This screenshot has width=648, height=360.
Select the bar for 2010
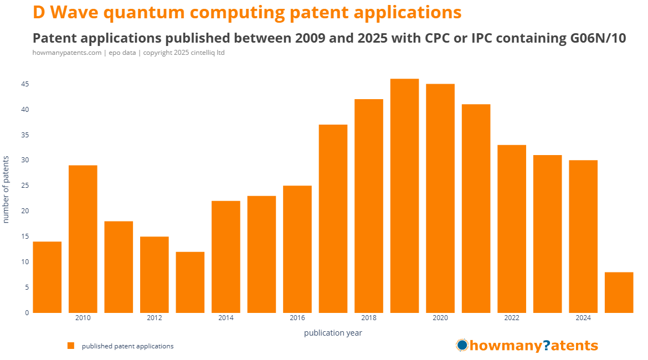pyautogui.click(x=83, y=239)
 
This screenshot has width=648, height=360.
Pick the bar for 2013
pyautogui.click(x=190, y=282)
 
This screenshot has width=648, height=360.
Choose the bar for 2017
pyautogui.click(x=333, y=218)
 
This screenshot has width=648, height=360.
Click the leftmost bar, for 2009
pyautogui.click(x=47, y=277)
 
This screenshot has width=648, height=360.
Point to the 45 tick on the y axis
pyautogui.click(x=25, y=84)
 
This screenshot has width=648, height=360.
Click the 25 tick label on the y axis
pyautogui.click(x=25, y=186)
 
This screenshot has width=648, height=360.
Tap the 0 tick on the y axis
pyautogui.click(x=27, y=312)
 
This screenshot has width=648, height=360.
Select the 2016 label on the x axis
pyautogui.click(x=297, y=318)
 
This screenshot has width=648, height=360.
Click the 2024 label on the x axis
pyautogui.click(x=583, y=318)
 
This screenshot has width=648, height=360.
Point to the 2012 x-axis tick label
pyautogui.click(x=155, y=318)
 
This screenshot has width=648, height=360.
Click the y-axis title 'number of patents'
pyautogui.click(x=6, y=189)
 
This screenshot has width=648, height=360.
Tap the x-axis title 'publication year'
pyautogui.click(x=333, y=333)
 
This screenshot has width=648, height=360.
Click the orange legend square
pyautogui.click(x=71, y=346)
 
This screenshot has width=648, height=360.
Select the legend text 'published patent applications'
pyautogui.click(x=127, y=346)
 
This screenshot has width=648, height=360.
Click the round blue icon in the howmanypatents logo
pyautogui.click(x=462, y=346)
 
